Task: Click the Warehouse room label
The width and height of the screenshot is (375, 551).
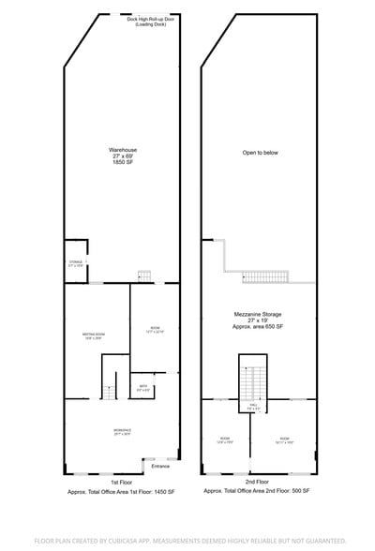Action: coord(123,155)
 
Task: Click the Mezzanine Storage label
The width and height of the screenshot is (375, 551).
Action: coord(258,320)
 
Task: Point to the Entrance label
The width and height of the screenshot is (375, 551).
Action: coord(160,466)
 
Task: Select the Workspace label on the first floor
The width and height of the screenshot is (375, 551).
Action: coord(122,432)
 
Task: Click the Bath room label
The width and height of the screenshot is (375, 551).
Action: coord(143,388)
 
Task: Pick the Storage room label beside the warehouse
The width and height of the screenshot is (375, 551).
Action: coord(76,263)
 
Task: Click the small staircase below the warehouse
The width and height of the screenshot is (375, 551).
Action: coord(143,275)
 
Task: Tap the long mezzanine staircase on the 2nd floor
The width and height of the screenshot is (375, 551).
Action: coord(266,276)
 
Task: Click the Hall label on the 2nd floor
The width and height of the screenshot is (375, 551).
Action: coord(250,408)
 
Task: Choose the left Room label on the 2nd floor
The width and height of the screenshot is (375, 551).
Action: coord(225,439)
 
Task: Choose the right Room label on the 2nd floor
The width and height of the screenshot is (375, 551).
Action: coord(284,439)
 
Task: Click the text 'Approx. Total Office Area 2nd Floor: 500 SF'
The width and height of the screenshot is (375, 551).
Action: coord(258,491)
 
